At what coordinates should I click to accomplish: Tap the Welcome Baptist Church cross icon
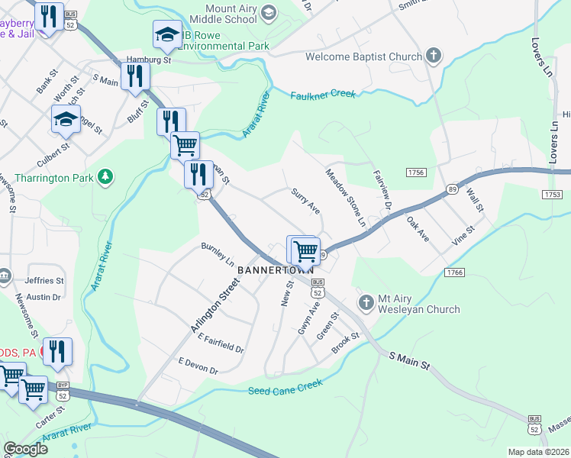[x=434, y=56]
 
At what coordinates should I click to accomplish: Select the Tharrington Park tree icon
[x=105, y=178]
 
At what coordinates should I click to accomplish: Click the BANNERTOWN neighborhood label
[x=272, y=271]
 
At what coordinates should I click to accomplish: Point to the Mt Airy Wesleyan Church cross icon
[x=366, y=303]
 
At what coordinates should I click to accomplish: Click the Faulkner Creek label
[x=323, y=95]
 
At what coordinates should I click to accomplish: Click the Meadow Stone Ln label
[x=347, y=198]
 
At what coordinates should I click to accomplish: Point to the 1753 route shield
[x=553, y=195]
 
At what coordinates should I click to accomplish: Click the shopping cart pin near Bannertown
[x=305, y=249]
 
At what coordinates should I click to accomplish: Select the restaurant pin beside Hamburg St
[x=136, y=75]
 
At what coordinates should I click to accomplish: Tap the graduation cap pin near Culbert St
[x=66, y=118]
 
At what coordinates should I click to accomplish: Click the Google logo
[x=25, y=449]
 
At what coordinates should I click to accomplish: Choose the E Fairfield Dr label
[x=220, y=343]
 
